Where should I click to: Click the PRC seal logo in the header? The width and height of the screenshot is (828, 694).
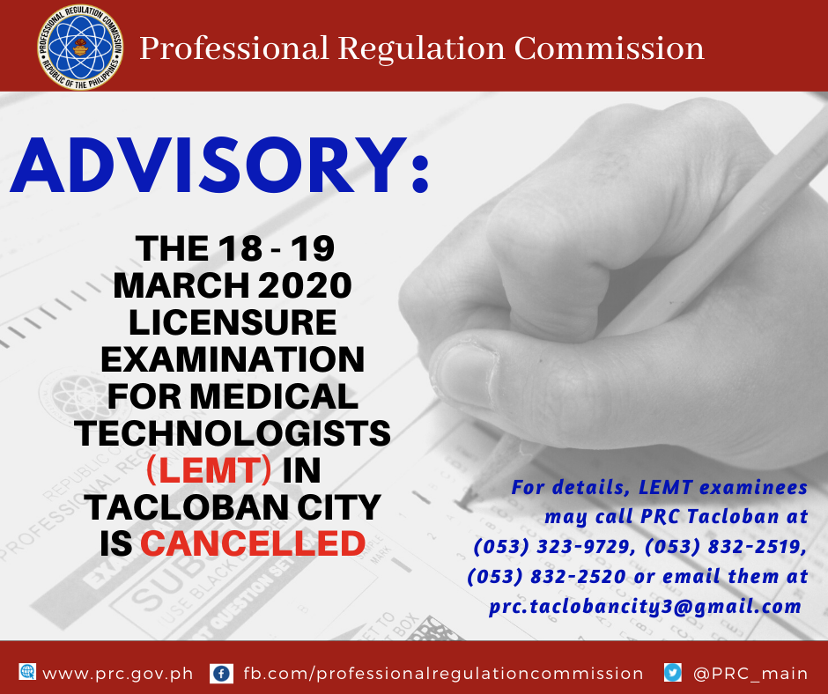(80, 47)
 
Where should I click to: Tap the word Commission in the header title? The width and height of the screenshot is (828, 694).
(609, 48)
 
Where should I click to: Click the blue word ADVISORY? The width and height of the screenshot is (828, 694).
(209, 166)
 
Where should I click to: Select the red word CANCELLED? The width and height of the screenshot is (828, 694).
(253, 543)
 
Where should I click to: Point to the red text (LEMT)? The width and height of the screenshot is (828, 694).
(209, 470)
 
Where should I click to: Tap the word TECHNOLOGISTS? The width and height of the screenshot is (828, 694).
(233, 433)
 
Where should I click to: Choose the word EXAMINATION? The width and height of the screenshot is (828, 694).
(233, 359)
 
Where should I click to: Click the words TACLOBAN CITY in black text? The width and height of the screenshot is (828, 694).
(233, 507)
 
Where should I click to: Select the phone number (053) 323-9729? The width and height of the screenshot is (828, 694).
(554, 547)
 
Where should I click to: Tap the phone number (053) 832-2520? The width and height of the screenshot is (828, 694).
(546, 576)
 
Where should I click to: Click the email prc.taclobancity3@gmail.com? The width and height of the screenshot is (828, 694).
(646, 606)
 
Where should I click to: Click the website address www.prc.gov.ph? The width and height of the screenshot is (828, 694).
(118, 674)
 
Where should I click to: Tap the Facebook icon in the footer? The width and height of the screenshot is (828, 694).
(221, 674)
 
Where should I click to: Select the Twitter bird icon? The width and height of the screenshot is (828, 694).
(673, 673)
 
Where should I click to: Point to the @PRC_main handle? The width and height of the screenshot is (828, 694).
(750, 674)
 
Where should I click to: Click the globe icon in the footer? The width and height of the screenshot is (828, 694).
(27, 672)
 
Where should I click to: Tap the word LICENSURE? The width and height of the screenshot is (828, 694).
(233, 322)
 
